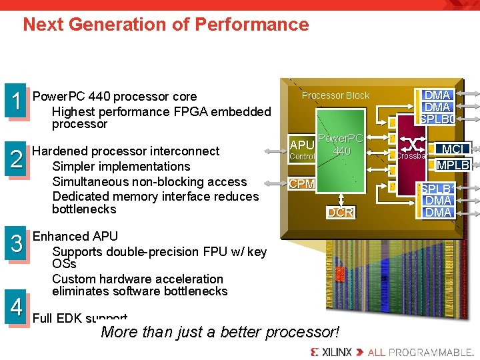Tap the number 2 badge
click(x=15, y=157)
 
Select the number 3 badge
click(x=15, y=243)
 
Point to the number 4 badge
click(x=15, y=307)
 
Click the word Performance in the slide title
click(x=252, y=25)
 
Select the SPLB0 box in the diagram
click(x=437, y=119)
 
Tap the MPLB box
click(x=453, y=165)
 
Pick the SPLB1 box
click(x=437, y=189)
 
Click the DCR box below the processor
click(x=340, y=213)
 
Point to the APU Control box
click(x=301, y=150)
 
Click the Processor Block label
click(x=335, y=95)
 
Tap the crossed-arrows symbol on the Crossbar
click(x=413, y=145)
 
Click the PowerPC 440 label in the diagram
click(x=341, y=145)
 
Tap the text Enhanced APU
click(x=75, y=236)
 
